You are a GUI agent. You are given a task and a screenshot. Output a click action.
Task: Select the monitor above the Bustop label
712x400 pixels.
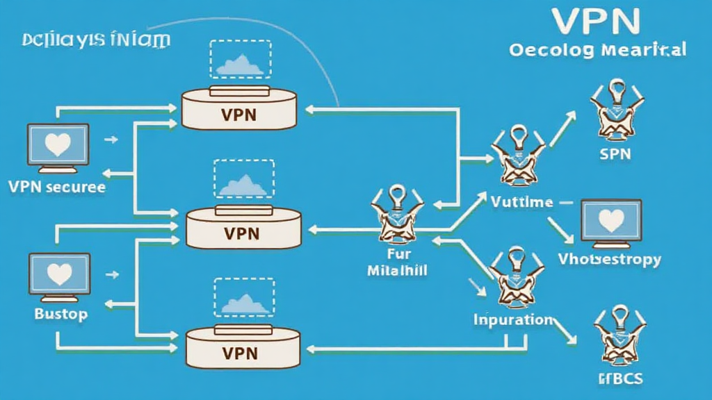click(x=58, y=276)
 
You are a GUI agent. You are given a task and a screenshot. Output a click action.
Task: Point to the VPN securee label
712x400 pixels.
click(x=57, y=187)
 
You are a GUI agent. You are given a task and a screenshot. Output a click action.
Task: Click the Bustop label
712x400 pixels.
click(x=61, y=314)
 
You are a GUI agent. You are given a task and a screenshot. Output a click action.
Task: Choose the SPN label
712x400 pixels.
click(x=615, y=153)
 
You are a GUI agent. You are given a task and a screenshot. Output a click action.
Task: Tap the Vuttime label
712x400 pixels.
click(x=521, y=202)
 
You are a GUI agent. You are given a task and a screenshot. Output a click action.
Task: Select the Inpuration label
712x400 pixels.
click(x=513, y=319)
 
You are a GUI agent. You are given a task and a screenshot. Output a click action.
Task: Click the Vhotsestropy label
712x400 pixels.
click(x=610, y=259)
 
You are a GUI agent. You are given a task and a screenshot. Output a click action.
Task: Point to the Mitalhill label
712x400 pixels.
click(x=396, y=269)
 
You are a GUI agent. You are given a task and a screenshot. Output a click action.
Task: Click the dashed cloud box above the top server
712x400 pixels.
click(x=239, y=59)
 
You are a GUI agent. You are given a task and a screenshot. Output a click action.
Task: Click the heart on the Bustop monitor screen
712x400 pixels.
click(x=58, y=272)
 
